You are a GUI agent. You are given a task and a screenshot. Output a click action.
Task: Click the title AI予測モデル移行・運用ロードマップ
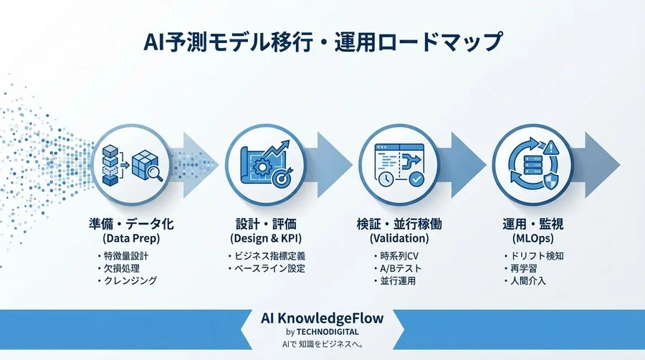(x=322, y=42)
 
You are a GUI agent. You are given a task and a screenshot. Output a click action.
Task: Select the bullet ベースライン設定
(x=269, y=268)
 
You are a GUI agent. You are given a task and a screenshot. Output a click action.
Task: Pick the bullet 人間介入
(x=528, y=281)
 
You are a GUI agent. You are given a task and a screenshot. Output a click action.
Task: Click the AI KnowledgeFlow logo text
(x=322, y=318)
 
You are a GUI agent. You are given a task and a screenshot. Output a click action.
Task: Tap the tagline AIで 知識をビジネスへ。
(x=322, y=346)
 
